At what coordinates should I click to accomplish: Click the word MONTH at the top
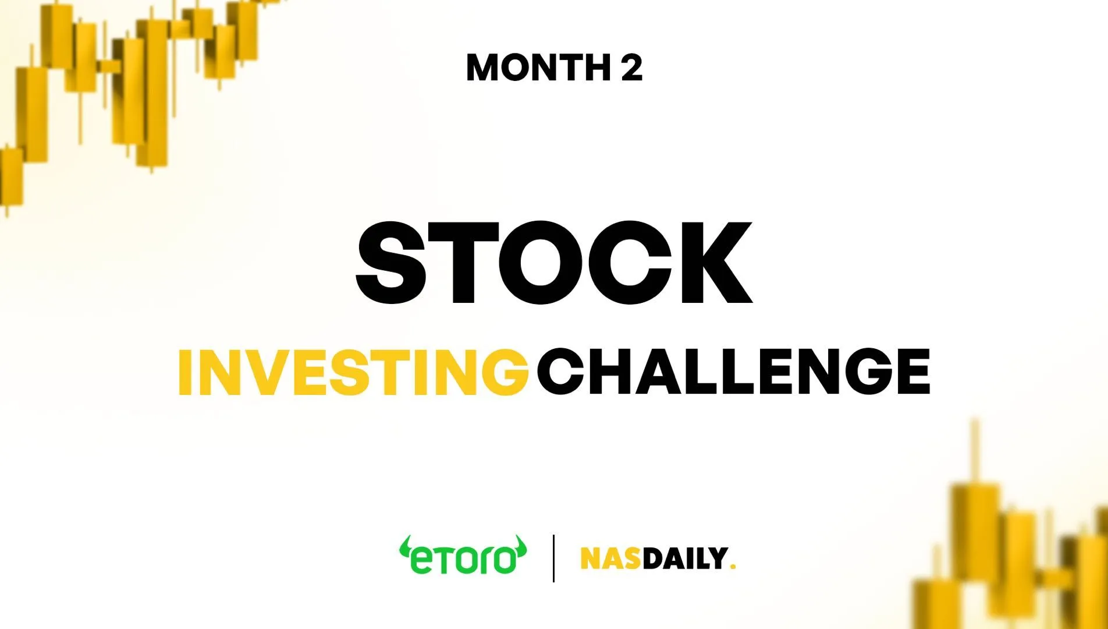coord(538,67)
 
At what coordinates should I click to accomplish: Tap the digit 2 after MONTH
coord(631,67)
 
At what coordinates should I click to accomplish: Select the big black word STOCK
coord(554,263)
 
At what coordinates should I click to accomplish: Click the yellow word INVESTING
coord(353,372)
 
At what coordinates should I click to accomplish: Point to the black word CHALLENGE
coord(733,372)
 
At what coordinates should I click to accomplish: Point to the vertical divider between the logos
coord(553,558)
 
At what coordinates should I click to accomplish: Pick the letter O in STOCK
coord(541,263)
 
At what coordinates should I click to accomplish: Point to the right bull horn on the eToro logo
coord(520,545)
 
